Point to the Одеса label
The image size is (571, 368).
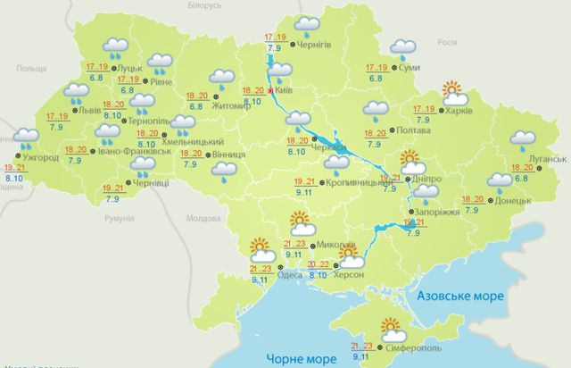pos(289,276)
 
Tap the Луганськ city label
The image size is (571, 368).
pos(547,159)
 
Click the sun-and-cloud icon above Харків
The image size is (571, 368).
pos(454,91)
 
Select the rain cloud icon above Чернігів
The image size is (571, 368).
pos(309,25)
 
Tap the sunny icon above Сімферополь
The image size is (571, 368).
pos(391,328)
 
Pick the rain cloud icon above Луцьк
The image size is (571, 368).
pos(115,46)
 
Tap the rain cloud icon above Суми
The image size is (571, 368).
pos(404,47)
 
